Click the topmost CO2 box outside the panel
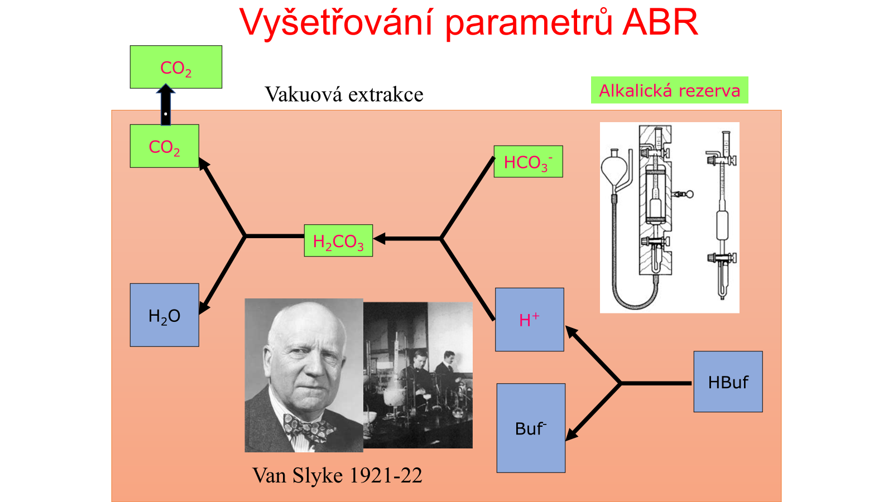coord(176,67)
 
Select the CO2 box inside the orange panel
coord(164,146)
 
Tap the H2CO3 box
coord(338,240)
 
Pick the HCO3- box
coord(528,161)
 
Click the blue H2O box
coord(164,315)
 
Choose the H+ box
coord(530,320)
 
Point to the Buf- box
coord(531,428)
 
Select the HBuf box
coord(728,382)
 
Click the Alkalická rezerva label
coord(669,90)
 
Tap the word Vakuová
coord(304,94)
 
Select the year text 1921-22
coord(385,475)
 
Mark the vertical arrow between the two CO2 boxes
coord(165,105)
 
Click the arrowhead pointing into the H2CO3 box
coord(380,239)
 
